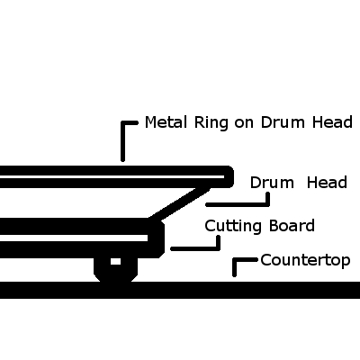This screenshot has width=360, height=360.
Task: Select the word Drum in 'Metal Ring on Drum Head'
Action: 283,122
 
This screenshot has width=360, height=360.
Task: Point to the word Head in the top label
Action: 332,122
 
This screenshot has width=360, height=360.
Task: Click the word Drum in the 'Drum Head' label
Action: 272,183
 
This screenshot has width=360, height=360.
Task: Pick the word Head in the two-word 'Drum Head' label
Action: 327,183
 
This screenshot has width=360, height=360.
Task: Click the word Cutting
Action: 233,227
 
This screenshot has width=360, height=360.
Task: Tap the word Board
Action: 292,226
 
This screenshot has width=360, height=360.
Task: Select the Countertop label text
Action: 305,260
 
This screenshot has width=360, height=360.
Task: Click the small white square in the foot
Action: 115,261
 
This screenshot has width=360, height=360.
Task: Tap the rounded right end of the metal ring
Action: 229,177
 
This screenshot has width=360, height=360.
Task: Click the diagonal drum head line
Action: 179,203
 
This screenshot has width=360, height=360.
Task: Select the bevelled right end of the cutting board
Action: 158,238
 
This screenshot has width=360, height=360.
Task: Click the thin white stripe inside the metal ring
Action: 112,176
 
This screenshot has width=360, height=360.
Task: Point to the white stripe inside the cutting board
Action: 74,238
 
